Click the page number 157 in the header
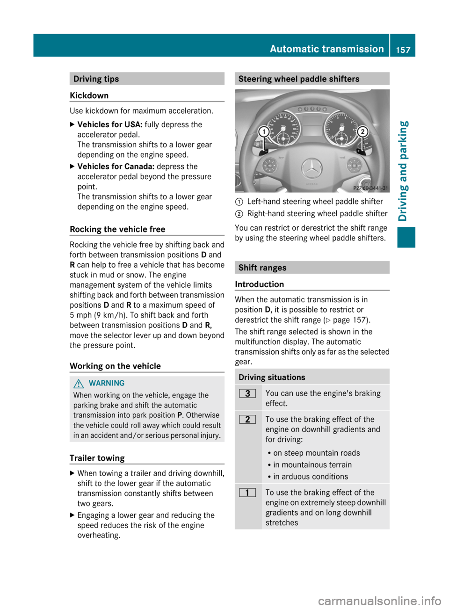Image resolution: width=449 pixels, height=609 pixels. point(403,50)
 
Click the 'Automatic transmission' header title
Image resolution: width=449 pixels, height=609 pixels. point(326,49)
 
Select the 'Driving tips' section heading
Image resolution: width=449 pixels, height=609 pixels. point(96,79)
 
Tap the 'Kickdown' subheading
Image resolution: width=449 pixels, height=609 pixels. point(89,95)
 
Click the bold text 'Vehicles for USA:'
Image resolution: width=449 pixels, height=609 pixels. point(110,124)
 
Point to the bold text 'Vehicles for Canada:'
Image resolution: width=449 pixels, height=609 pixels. point(116,167)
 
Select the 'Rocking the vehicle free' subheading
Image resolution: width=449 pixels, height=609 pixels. point(117,229)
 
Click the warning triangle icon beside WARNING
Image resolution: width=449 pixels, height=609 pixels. point(79,384)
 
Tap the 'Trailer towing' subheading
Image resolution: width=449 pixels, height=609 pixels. point(97,458)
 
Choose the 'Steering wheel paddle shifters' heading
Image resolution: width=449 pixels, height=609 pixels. point(299,79)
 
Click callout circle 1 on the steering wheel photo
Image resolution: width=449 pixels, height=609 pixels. point(264,131)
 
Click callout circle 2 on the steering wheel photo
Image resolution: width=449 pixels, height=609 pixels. point(362,131)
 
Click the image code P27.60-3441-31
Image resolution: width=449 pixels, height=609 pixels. point(370,188)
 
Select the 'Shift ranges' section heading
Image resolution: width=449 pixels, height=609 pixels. point(262,268)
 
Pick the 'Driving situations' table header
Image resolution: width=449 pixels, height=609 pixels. point(272,377)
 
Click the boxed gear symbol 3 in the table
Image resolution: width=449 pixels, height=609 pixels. point(247,394)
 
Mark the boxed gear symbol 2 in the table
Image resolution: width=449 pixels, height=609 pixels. point(247,420)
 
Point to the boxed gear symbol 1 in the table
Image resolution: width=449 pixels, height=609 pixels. point(247,493)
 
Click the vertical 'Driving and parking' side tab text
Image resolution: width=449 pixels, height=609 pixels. point(404,171)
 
